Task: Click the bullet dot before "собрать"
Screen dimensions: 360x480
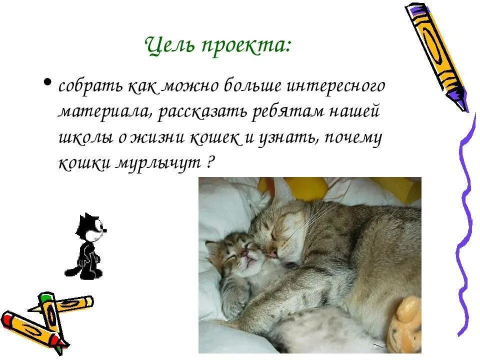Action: [x=48, y=81]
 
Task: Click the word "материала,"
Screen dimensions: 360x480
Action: [x=104, y=111]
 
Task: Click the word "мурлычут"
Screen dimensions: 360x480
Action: [x=159, y=163]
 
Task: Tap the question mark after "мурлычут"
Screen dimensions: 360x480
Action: [x=209, y=163]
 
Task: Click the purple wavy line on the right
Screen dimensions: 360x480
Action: [x=465, y=225]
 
